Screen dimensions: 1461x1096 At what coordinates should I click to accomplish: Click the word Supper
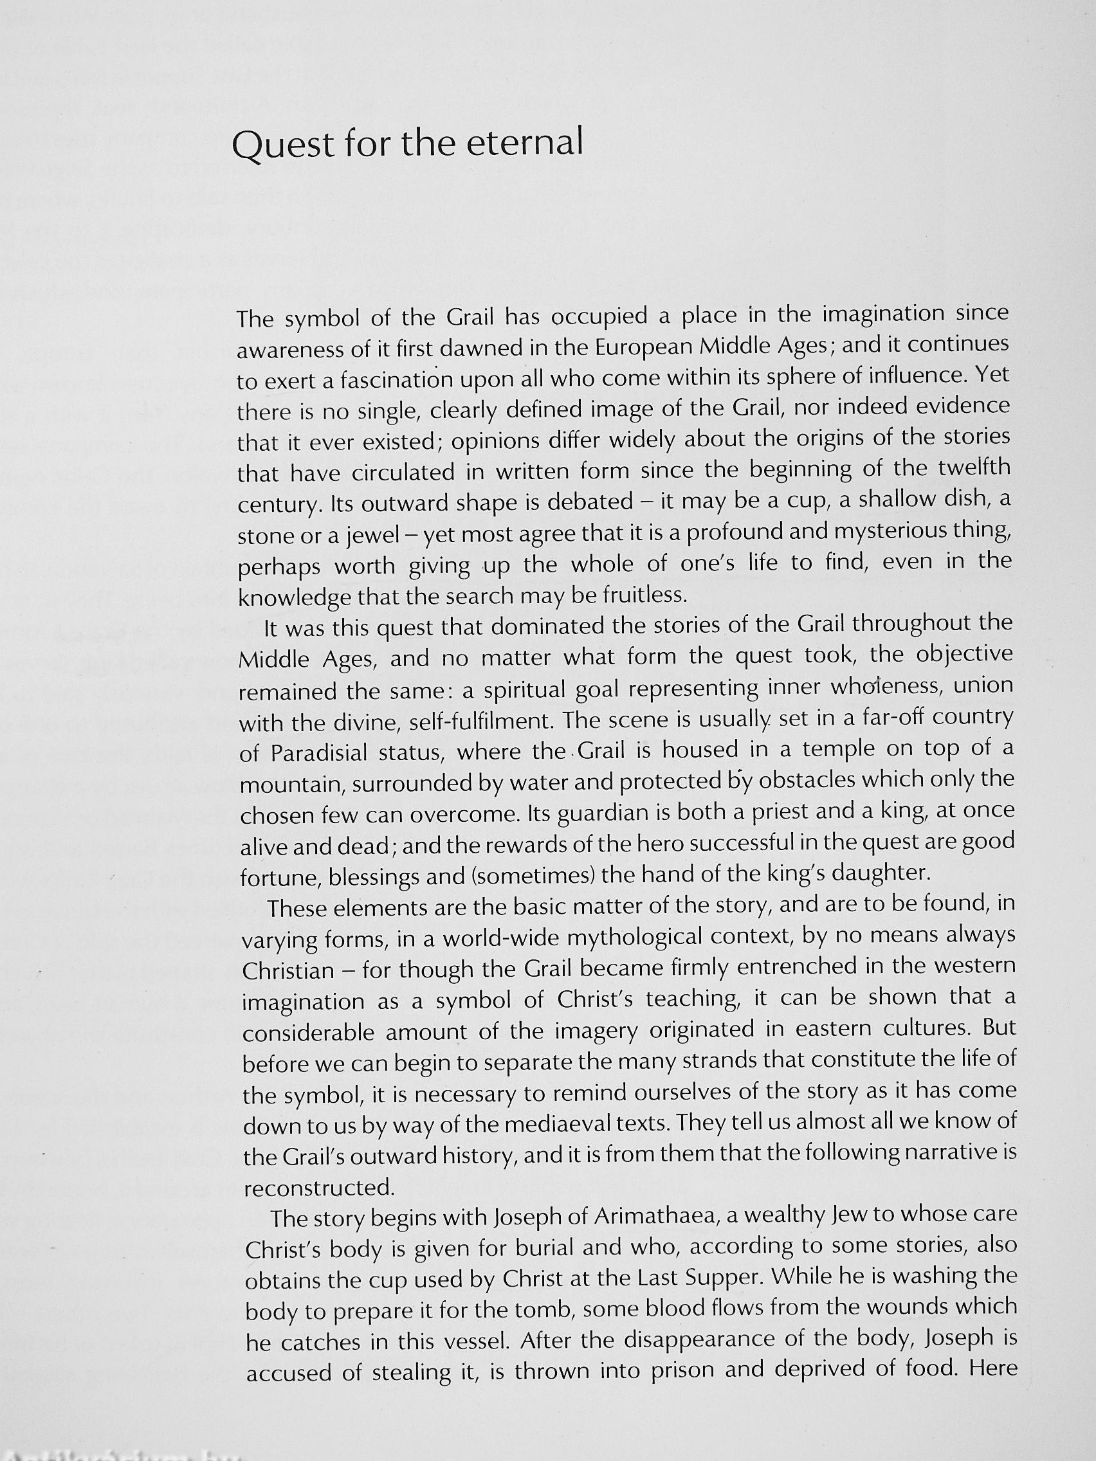(727, 1277)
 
